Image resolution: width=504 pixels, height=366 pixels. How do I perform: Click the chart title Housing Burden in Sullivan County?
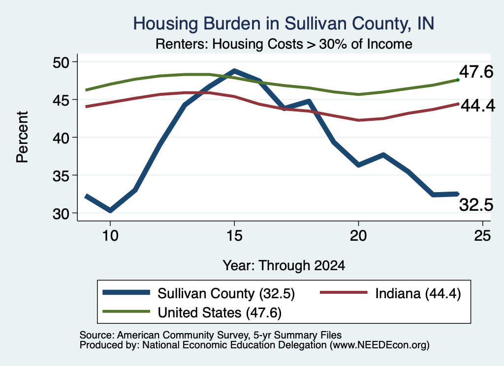[x=283, y=24]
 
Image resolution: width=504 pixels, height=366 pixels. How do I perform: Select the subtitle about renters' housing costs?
[x=284, y=44]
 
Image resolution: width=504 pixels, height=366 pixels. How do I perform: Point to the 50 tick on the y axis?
[x=61, y=62]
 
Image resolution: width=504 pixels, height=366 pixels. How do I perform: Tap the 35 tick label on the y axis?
[x=61, y=175]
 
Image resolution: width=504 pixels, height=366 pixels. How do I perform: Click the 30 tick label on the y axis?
[x=61, y=213]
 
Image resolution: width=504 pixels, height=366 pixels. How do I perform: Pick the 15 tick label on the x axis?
[x=234, y=236]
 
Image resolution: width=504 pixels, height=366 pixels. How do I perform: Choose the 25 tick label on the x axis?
[x=482, y=236]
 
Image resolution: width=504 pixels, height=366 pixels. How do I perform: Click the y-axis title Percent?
[x=22, y=137]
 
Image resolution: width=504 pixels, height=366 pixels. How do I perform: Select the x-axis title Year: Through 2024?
[x=284, y=266]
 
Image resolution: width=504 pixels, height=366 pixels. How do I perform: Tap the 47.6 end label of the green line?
[x=476, y=72]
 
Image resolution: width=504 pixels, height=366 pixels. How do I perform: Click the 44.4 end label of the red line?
[x=478, y=105]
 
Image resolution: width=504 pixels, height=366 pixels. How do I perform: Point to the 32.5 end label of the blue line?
[x=476, y=205]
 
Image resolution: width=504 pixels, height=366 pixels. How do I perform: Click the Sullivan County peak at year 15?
[x=234, y=71]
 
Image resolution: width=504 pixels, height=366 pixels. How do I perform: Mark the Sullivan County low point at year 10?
[x=110, y=210]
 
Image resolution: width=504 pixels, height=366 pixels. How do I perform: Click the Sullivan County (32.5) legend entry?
[x=199, y=293]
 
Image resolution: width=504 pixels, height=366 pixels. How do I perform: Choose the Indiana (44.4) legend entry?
[x=390, y=293]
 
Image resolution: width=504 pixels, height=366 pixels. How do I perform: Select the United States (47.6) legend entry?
[x=192, y=312]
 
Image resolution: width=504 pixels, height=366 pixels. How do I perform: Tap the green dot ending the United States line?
[x=458, y=80]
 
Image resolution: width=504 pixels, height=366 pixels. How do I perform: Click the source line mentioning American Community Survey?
[x=211, y=335]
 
